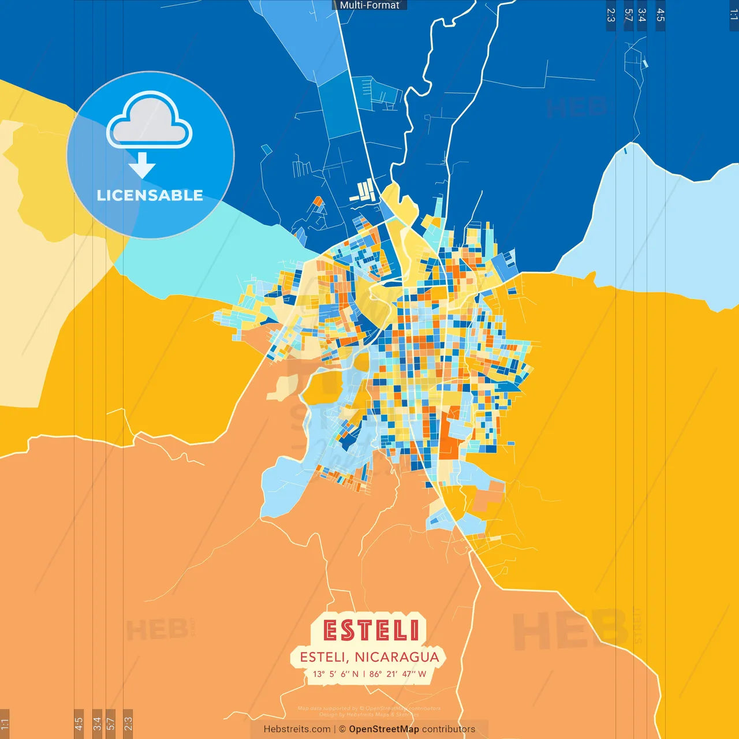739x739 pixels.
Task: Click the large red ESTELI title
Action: click(x=371, y=630)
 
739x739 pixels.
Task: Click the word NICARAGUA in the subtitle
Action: click(x=397, y=657)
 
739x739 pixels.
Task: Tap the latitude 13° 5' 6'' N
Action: click(x=335, y=674)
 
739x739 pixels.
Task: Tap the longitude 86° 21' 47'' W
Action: click(x=398, y=674)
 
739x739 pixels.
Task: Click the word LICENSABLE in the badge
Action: click(x=150, y=195)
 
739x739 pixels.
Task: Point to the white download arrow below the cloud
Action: click(x=142, y=166)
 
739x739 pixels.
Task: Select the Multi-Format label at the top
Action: click(x=369, y=5)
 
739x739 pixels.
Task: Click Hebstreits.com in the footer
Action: click(x=297, y=729)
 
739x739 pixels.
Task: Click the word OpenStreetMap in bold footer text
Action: click(x=383, y=729)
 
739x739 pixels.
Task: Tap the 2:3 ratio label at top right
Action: click(x=611, y=15)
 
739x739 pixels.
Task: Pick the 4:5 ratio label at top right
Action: click(x=660, y=15)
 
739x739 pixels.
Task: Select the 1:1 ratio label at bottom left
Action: click(x=5, y=724)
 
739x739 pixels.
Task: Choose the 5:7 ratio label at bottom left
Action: click(x=111, y=724)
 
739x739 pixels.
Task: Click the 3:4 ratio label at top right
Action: click(x=642, y=15)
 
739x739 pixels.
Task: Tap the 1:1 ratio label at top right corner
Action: click(x=733, y=15)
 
